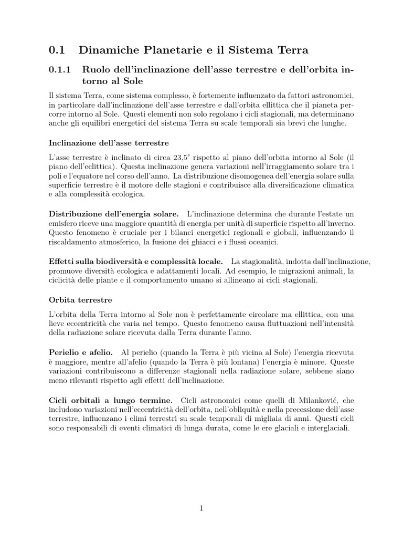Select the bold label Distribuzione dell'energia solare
(114, 213)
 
